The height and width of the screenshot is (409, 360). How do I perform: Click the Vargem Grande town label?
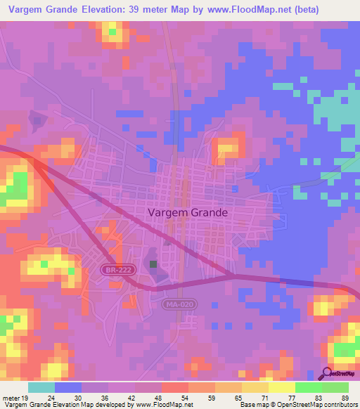188,212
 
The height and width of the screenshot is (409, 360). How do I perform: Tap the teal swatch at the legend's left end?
41,387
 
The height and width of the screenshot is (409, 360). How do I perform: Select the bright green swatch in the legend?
308,387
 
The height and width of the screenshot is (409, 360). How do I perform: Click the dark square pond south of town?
154,264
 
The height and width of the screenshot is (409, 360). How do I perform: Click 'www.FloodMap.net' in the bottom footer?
163,405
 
